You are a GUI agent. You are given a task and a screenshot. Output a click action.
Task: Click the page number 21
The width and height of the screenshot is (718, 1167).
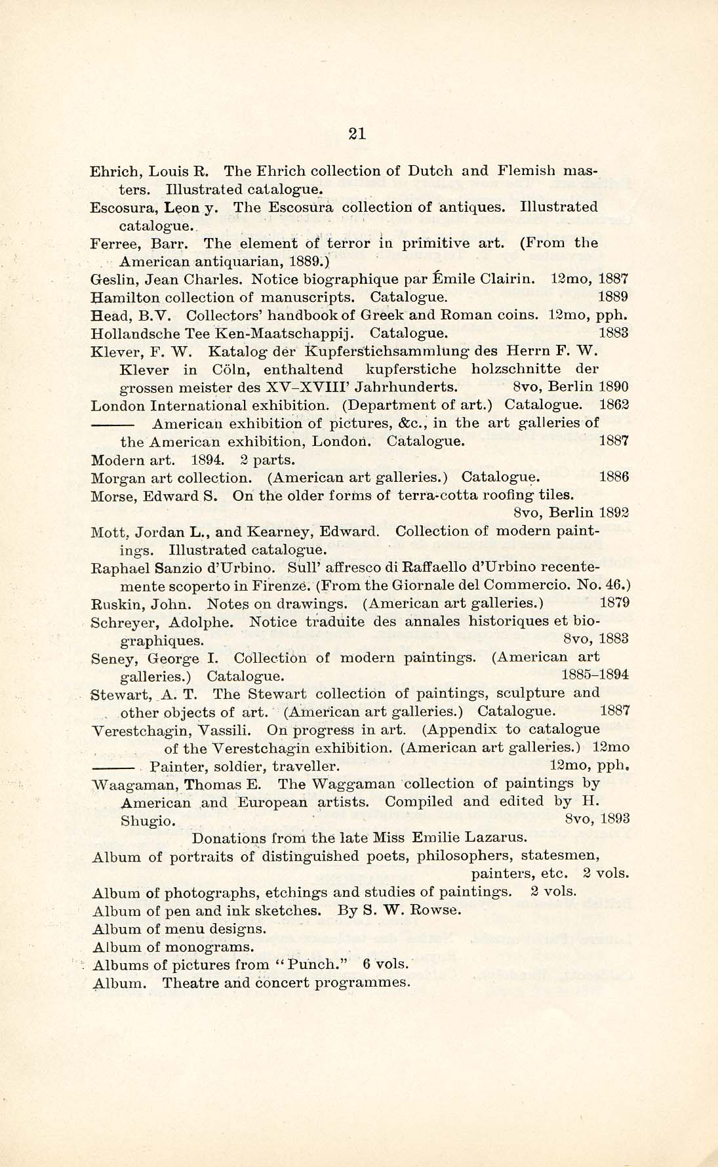click(357, 134)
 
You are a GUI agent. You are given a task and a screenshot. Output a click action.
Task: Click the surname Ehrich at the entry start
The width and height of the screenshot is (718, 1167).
click(113, 171)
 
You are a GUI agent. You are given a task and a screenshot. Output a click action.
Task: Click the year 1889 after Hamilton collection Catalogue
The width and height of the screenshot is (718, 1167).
click(614, 296)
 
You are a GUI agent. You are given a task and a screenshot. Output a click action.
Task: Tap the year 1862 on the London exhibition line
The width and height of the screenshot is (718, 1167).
click(614, 405)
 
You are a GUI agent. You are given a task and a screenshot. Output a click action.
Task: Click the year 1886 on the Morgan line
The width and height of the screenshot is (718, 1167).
click(614, 477)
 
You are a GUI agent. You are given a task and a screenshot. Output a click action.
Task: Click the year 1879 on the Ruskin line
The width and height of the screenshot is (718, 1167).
click(614, 602)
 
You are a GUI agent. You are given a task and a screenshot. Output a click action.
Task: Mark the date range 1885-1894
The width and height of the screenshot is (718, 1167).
click(595, 675)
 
